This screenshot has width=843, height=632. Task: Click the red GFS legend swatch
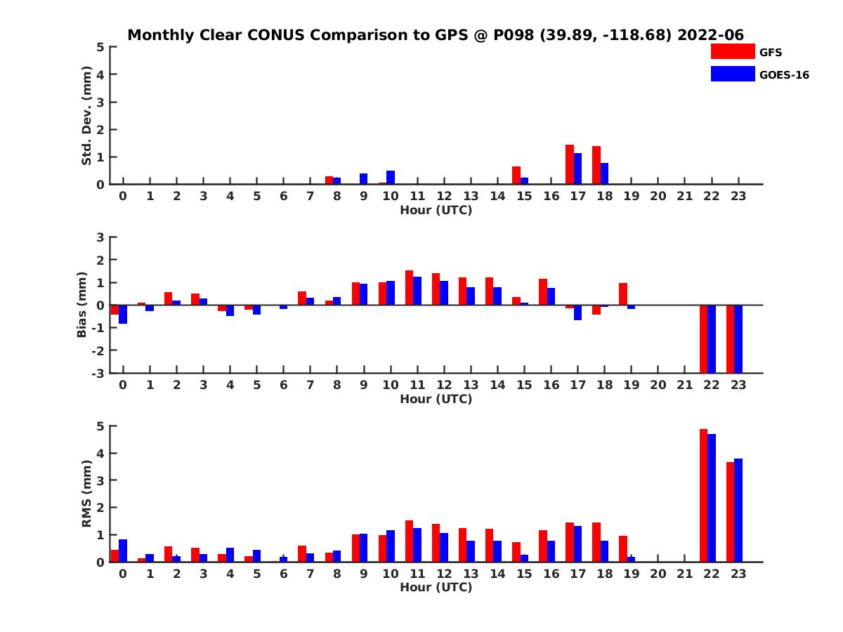[732, 51]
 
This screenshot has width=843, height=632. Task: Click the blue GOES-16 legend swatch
[732, 74]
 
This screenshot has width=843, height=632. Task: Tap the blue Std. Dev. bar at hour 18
[604, 173]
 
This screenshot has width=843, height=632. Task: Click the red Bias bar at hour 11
[409, 288]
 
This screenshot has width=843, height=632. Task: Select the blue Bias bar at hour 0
[123, 314]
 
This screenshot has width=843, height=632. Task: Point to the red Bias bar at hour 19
[623, 294]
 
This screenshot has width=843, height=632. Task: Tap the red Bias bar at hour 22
[703, 338]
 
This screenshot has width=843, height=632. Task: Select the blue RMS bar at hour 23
[738, 510]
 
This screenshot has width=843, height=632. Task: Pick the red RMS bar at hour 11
[409, 541]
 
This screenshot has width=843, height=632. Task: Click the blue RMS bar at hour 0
[123, 551]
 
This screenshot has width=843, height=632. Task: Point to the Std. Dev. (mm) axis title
[87, 116]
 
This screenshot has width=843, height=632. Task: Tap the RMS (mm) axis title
[87, 494]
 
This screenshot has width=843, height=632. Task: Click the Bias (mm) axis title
[82, 305]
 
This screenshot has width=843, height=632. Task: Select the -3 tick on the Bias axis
[100, 373]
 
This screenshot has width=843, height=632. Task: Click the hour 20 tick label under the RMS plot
[658, 574]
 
